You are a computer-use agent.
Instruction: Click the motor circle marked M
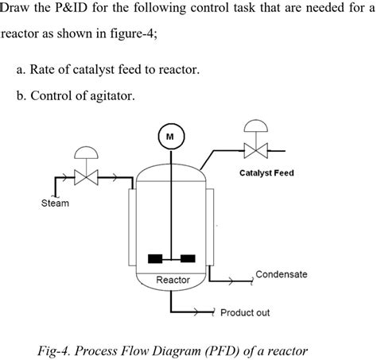point(169,136)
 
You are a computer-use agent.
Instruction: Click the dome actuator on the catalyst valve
point(256,126)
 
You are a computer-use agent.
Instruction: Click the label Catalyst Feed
point(266,172)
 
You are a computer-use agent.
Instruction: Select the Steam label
point(55,203)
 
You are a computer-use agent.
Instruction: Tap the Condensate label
point(281,274)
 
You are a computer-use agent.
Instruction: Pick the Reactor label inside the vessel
point(173,281)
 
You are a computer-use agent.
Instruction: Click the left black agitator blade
point(156,257)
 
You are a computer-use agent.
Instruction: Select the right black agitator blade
point(188,257)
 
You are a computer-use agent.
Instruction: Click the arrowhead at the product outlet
point(212,312)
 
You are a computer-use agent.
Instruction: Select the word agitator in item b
point(121,97)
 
